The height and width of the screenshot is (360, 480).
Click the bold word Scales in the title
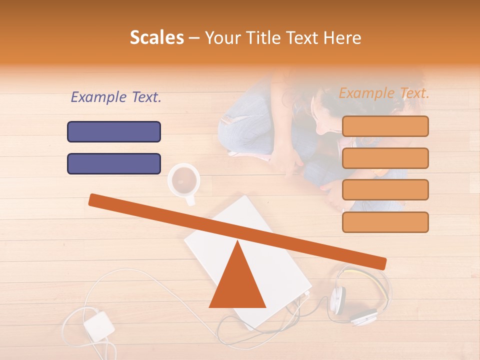tap(156, 38)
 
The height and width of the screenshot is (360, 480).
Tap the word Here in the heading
tap(342, 38)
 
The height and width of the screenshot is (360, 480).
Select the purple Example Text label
tap(116, 97)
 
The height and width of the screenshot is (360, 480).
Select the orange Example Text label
tap(384, 93)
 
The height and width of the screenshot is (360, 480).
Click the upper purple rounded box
tap(114, 131)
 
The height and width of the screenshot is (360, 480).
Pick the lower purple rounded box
tap(114, 163)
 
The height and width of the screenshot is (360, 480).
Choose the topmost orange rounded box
tap(385, 126)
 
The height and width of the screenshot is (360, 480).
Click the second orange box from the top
tap(385, 158)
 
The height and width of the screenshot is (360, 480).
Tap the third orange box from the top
tap(385, 189)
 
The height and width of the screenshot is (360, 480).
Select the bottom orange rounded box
tap(385, 222)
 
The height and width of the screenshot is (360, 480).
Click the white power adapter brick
tap(99, 326)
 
